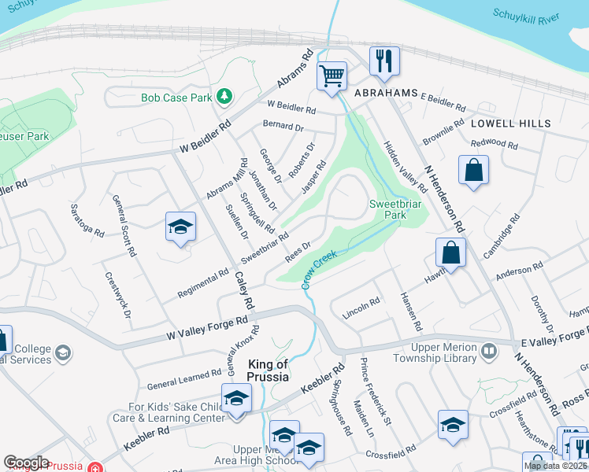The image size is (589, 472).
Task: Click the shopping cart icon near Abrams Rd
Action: [x=332, y=76]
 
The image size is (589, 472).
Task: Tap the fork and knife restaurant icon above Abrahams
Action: [x=384, y=61]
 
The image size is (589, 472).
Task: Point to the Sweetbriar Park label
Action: [x=387, y=209]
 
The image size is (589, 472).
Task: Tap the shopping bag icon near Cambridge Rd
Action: [x=450, y=253]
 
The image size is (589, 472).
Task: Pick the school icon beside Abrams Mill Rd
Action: [x=180, y=227]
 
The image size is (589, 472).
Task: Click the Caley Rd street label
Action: [x=245, y=289]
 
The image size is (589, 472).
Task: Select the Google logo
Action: [x=26, y=462]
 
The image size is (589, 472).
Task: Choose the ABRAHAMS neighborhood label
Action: [x=385, y=93]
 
